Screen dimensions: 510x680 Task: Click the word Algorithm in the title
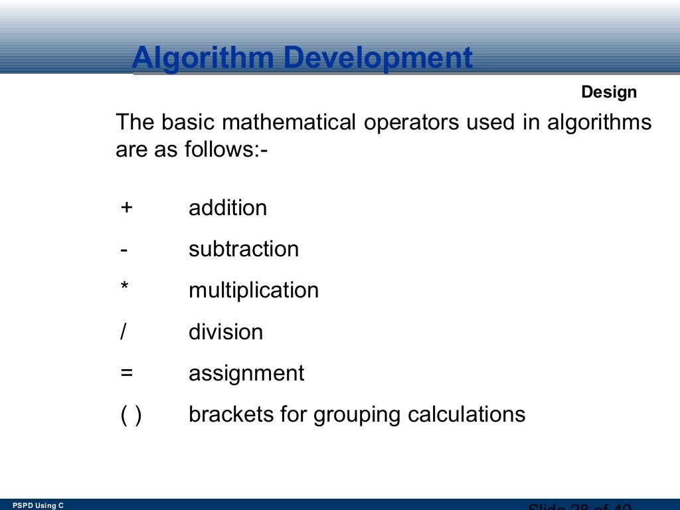[x=203, y=58]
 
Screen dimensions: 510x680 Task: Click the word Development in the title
[x=379, y=58]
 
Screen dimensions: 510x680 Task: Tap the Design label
[x=609, y=92]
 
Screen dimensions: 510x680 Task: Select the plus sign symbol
[x=126, y=208]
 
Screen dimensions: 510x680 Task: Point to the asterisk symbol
[x=124, y=288]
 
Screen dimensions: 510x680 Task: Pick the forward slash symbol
[x=123, y=332]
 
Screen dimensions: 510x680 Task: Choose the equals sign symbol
[x=126, y=373]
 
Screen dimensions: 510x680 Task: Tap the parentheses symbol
[x=130, y=415]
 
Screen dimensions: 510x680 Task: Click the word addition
[x=228, y=208]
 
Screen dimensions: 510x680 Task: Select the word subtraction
[x=244, y=250]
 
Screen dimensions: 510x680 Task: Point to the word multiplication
[x=254, y=291]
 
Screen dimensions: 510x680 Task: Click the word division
[x=226, y=332]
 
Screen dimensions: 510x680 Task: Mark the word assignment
[x=246, y=374]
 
